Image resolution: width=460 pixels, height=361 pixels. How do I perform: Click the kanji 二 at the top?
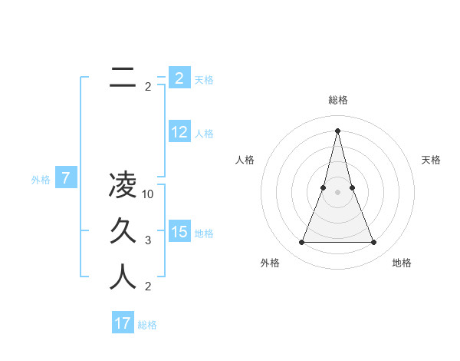(x=123, y=78)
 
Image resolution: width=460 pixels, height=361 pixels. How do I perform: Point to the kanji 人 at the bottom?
(x=123, y=277)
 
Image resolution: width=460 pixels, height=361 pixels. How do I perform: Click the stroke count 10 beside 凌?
(x=149, y=194)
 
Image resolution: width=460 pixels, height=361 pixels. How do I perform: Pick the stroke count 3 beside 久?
(x=148, y=240)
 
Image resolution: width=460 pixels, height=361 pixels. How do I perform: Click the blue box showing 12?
(x=179, y=133)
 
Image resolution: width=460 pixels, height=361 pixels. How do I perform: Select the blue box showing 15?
(x=179, y=232)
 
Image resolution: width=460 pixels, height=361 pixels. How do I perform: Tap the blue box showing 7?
(x=66, y=179)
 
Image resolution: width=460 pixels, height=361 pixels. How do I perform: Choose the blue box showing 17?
(x=123, y=323)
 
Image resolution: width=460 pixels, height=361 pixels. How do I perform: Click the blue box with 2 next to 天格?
(x=179, y=78)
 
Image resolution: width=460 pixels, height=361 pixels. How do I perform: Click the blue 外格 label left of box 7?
(x=41, y=180)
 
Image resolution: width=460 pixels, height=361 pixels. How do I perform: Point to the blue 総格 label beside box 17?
(x=147, y=325)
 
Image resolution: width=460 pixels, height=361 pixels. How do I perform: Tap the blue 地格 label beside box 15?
(x=204, y=233)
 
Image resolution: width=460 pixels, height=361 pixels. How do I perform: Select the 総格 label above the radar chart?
(x=338, y=100)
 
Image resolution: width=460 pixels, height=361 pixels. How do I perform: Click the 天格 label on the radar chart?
(x=431, y=160)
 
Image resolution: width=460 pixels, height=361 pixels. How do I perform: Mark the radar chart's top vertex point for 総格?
(x=338, y=130)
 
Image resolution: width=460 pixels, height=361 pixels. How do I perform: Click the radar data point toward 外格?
(x=302, y=243)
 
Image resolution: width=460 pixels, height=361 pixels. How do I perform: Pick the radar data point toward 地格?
(x=374, y=243)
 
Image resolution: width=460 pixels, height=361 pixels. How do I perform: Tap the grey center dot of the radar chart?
(x=338, y=192)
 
